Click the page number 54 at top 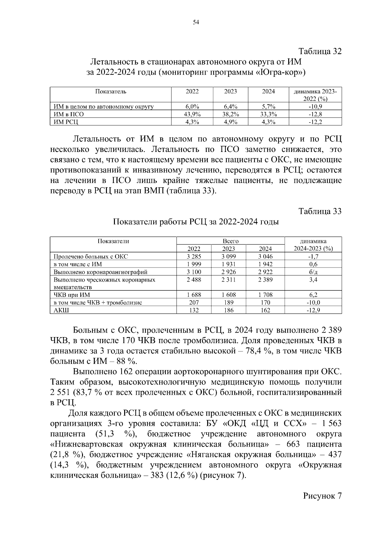pos(196,22)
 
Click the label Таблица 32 pos(320,51)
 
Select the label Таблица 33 pos(320,211)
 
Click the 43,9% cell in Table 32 pos(192,114)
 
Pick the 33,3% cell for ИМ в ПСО pos(268,114)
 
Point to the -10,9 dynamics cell pos(315,107)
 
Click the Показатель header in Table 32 pos(110,92)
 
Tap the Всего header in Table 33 pos(230,241)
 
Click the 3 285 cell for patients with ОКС pos(194,256)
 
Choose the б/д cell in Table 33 pos(313,272)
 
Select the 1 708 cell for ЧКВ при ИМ pos(265,295)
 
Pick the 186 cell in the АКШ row pos(229,310)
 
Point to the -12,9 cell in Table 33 pos(313,310)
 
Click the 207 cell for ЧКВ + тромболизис pos(194,303)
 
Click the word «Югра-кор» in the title pos(280,72)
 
